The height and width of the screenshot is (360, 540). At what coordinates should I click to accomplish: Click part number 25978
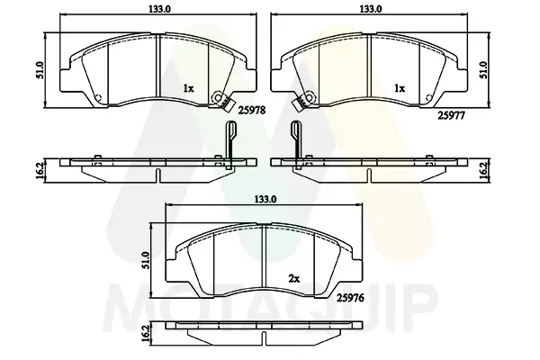[x=252, y=111]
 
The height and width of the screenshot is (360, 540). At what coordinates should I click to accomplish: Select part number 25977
[x=451, y=116]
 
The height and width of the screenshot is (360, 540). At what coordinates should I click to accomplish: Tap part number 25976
[x=351, y=298]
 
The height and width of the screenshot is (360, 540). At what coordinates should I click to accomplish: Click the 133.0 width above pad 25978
[x=160, y=9]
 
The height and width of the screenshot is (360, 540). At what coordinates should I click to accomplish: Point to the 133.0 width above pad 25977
[x=371, y=9]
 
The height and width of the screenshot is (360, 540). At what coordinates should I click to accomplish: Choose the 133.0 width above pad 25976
[x=265, y=199]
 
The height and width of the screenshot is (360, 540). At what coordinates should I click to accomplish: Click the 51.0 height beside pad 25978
[x=39, y=70]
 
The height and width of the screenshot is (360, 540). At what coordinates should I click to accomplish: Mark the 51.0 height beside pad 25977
[x=484, y=70]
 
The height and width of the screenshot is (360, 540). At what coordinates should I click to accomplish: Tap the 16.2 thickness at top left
[x=39, y=171]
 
